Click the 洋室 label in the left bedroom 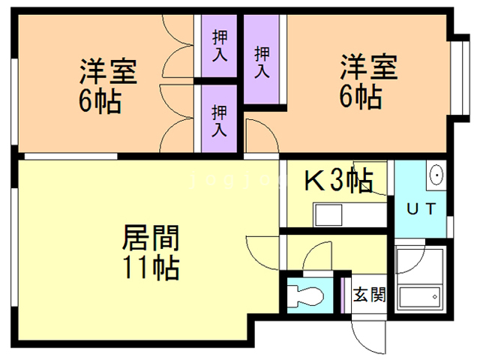tap(109, 73)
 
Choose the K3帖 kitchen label tap(338, 180)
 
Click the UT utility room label tap(420, 208)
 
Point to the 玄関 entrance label tap(368, 295)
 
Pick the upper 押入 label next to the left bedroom tap(219, 44)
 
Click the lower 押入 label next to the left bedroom tap(218, 121)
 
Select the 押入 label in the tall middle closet tap(262, 62)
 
